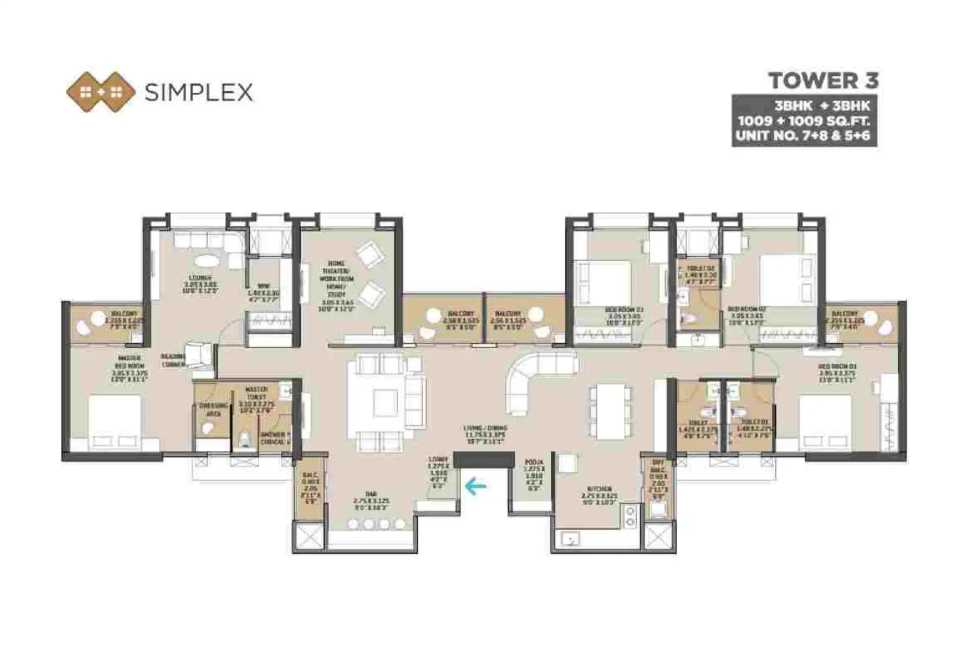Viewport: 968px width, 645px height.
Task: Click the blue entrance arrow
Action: [x=475, y=487]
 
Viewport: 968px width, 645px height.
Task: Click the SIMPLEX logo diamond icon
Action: [x=101, y=92]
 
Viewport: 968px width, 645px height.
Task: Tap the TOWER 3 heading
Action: [x=823, y=81]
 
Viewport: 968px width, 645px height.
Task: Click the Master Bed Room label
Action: [x=129, y=368]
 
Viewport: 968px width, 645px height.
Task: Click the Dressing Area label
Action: [x=213, y=409]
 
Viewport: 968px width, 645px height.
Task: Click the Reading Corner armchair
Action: [x=200, y=355]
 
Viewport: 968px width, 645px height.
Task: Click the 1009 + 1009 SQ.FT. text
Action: [x=804, y=121]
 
